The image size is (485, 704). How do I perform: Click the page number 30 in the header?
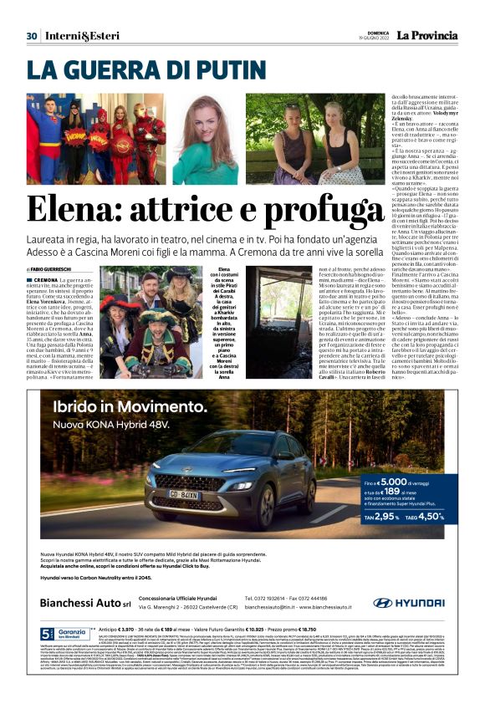(x=32, y=35)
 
